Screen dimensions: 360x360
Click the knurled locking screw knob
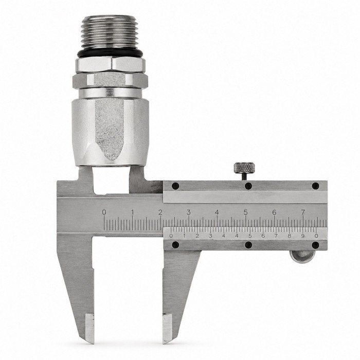click(x=244, y=168)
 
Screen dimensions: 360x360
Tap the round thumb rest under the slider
click(x=302, y=257)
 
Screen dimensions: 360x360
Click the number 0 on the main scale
click(x=104, y=212)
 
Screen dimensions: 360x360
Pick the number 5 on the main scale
click(x=246, y=212)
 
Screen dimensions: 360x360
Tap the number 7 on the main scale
click(x=303, y=212)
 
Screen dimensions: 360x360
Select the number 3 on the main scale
click(x=189, y=212)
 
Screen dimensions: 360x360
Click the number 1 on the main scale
click(x=133, y=212)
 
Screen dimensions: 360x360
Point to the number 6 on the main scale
click(x=274, y=212)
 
